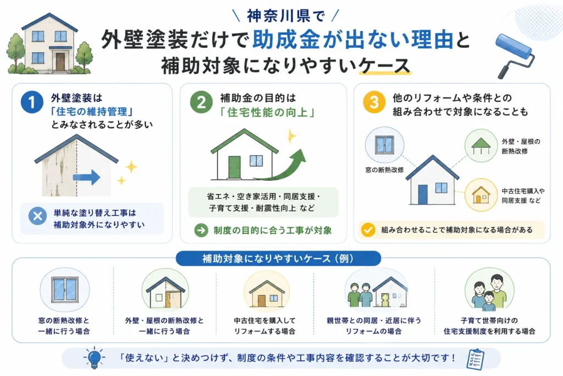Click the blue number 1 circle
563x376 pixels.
(31, 102)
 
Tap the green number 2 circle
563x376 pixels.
(201, 102)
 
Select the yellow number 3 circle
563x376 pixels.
(374, 102)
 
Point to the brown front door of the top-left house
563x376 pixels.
(60, 62)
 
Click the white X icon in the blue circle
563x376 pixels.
(38, 216)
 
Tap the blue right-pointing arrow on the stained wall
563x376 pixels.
(86, 177)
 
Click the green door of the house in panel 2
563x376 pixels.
(234, 167)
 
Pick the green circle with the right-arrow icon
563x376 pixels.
(201, 230)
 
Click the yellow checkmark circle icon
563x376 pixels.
(368, 230)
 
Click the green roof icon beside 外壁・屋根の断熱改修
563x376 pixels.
(481, 145)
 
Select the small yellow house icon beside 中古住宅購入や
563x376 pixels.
(481, 195)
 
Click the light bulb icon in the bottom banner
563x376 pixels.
(94, 358)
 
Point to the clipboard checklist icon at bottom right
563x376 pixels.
(475, 359)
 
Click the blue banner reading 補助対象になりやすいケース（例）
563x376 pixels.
(278, 258)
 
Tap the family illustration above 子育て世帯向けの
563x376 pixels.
(489, 292)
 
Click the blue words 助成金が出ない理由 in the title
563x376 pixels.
(352, 40)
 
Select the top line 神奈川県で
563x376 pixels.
(286, 16)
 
